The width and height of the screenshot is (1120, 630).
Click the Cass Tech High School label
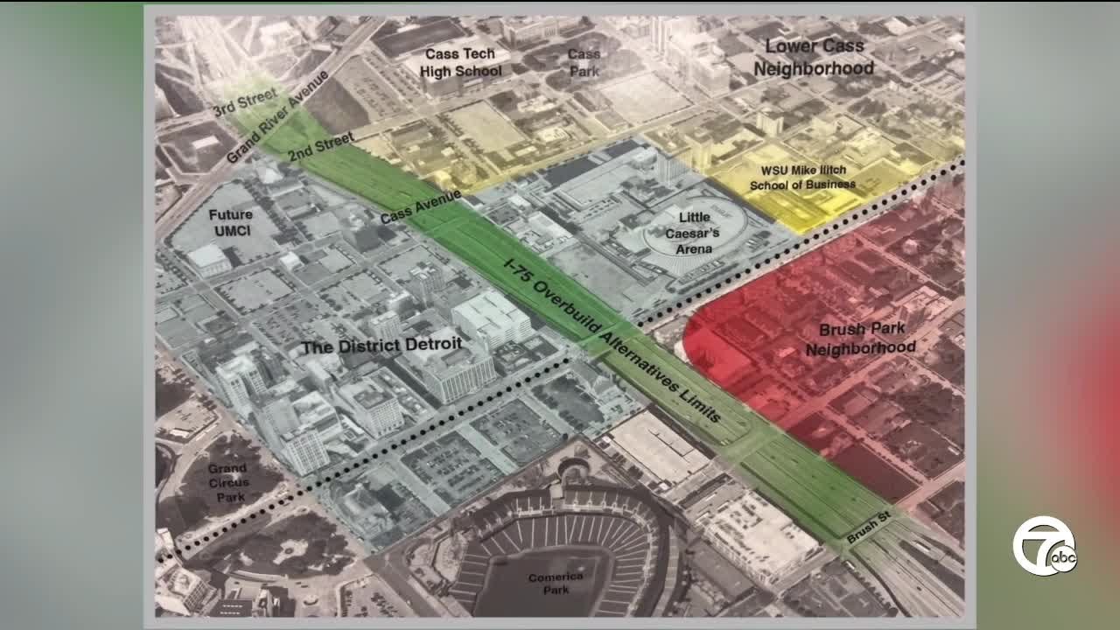click(461, 62)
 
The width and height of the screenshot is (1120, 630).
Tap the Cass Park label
click(584, 62)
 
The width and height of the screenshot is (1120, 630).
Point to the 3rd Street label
click(246, 102)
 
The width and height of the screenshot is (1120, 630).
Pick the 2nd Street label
click(321, 145)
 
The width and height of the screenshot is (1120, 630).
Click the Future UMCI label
click(231, 222)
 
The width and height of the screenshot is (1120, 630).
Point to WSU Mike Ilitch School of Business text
click(802, 178)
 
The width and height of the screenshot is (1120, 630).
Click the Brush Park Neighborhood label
click(860, 339)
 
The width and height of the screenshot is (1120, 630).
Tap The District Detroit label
click(381, 345)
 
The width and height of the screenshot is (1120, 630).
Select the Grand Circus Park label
click(227, 482)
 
